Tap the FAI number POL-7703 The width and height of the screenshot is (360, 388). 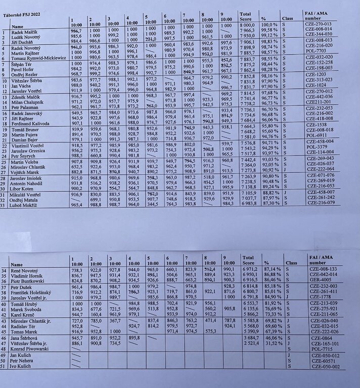(x=319, y=51)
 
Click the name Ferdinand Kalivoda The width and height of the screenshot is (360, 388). (x=33, y=123)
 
